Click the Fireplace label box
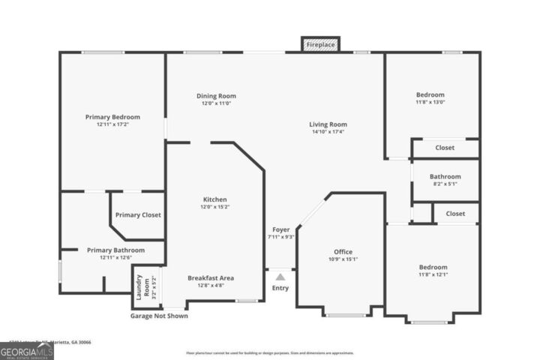tap(321, 45)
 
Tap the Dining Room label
tap(216, 96)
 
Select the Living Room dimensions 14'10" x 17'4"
tap(328, 132)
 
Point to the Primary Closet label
tap(138, 215)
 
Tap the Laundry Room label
tap(139, 287)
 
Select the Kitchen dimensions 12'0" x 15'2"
tap(214, 208)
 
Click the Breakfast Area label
tap(211, 278)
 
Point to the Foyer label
tap(280, 229)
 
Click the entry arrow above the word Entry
tap(280, 277)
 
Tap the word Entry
tap(280, 288)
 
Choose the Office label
tap(343, 252)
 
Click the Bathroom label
tap(445, 177)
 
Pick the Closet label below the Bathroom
tap(454, 214)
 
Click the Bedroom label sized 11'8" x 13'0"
tap(430, 95)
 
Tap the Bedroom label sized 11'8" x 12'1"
tap(433, 268)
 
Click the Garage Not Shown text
tap(159, 316)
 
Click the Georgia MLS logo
tap(27, 351)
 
